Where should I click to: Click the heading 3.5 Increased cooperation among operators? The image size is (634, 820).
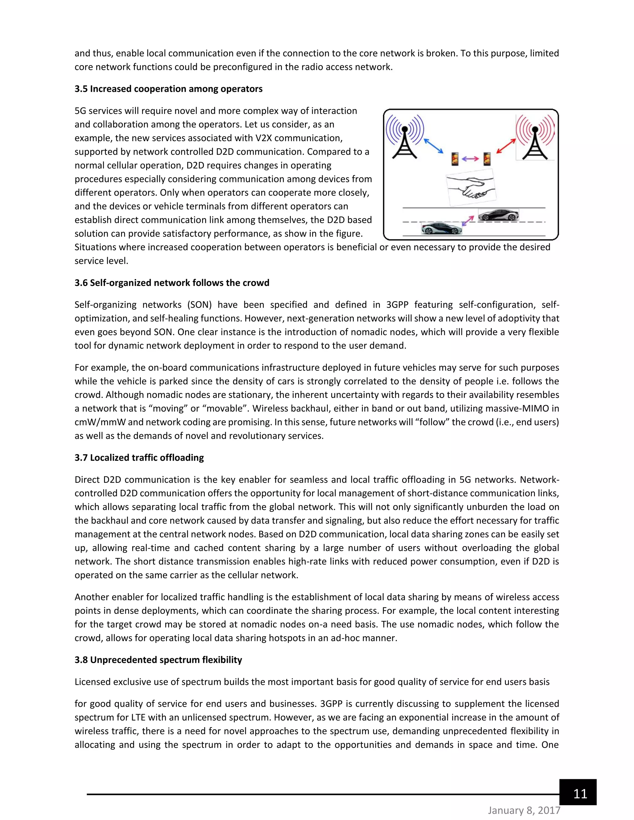pos(168,89)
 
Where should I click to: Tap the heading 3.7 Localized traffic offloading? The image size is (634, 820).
pos(139,458)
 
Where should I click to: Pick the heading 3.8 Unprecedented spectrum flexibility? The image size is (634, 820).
pos(158,660)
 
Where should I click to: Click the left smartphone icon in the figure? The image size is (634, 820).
pos(455,159)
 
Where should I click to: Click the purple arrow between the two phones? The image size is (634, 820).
pos(471,159)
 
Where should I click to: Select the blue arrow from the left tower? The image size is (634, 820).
pos(434,146)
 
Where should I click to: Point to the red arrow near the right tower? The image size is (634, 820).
pos(506,146)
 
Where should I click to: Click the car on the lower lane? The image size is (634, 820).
pos(441,228)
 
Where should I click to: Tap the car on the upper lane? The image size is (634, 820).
pos(498,215)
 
